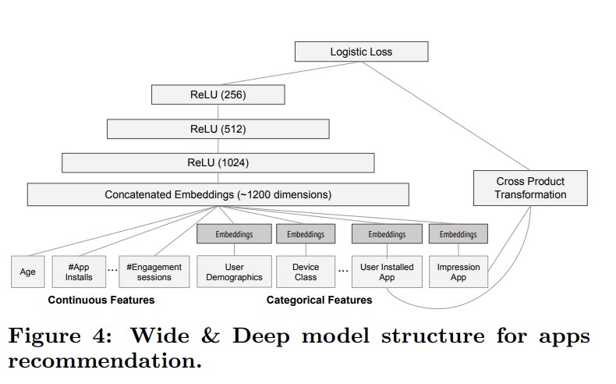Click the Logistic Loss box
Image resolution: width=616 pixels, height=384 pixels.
point(361,52)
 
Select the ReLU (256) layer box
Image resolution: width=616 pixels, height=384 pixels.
point(218,94)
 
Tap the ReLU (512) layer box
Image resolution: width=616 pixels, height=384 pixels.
point(218,129)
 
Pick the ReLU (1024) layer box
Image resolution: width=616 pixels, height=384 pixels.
point(218,162)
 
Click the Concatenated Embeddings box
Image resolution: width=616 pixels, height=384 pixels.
point(218,194)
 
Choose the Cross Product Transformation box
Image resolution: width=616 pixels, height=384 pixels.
point(530,188)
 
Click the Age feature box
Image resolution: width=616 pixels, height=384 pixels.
point(27,272)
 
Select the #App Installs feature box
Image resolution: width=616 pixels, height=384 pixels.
point(79,272)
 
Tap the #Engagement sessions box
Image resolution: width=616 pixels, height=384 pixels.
point(154,272)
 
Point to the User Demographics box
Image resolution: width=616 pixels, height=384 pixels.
point(234,272)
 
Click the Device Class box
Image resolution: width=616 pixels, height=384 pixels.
point(305,272)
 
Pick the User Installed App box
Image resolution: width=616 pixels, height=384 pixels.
point(387,272)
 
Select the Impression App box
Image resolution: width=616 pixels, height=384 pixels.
point(458,272)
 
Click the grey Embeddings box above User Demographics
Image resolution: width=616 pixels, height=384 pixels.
point(234,233)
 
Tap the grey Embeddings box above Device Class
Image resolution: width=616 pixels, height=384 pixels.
point(305,233)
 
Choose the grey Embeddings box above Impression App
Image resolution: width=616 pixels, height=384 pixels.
point(458,233)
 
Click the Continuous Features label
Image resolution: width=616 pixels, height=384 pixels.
point(101,300)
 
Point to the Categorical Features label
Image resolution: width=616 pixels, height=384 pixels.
point(319,300)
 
